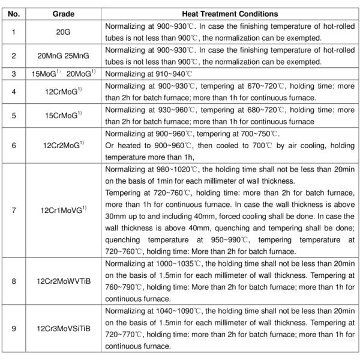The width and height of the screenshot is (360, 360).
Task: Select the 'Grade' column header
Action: [x=63, y=13]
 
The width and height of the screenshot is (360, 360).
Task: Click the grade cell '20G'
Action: [x=63, y=32]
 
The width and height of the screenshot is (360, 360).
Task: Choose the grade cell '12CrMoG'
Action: [x=63, y=93]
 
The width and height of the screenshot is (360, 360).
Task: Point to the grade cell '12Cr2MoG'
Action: [x=63, y=144]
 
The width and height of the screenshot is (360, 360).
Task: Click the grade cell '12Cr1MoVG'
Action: [x=63, y=209]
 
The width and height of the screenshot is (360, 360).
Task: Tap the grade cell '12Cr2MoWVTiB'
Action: [x=63, y=279]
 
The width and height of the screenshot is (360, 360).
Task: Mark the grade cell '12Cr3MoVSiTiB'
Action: [x=63, y=329]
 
